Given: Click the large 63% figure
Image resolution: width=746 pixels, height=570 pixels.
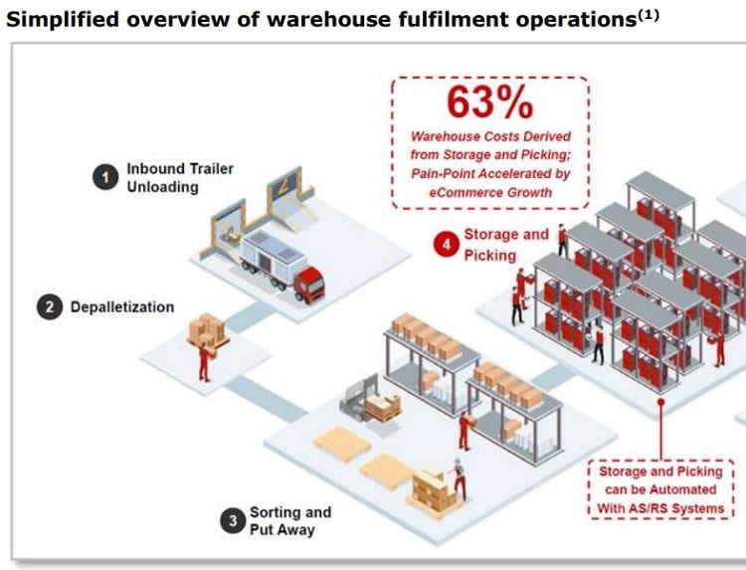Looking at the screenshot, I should [489, 101].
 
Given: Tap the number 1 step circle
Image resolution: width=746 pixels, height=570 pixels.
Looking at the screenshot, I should [103, 177].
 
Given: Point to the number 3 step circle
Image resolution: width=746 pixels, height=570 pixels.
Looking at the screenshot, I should [233, 520].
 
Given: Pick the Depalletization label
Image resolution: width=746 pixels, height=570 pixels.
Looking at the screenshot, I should [121, 307].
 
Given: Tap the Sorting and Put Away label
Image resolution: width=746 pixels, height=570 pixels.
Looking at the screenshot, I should [289, 520].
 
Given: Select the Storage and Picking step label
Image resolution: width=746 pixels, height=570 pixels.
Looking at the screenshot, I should [505, 244].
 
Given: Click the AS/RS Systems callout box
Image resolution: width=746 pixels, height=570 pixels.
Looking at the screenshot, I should [663, 489].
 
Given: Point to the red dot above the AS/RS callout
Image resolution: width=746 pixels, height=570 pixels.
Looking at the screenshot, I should [661, 402].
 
